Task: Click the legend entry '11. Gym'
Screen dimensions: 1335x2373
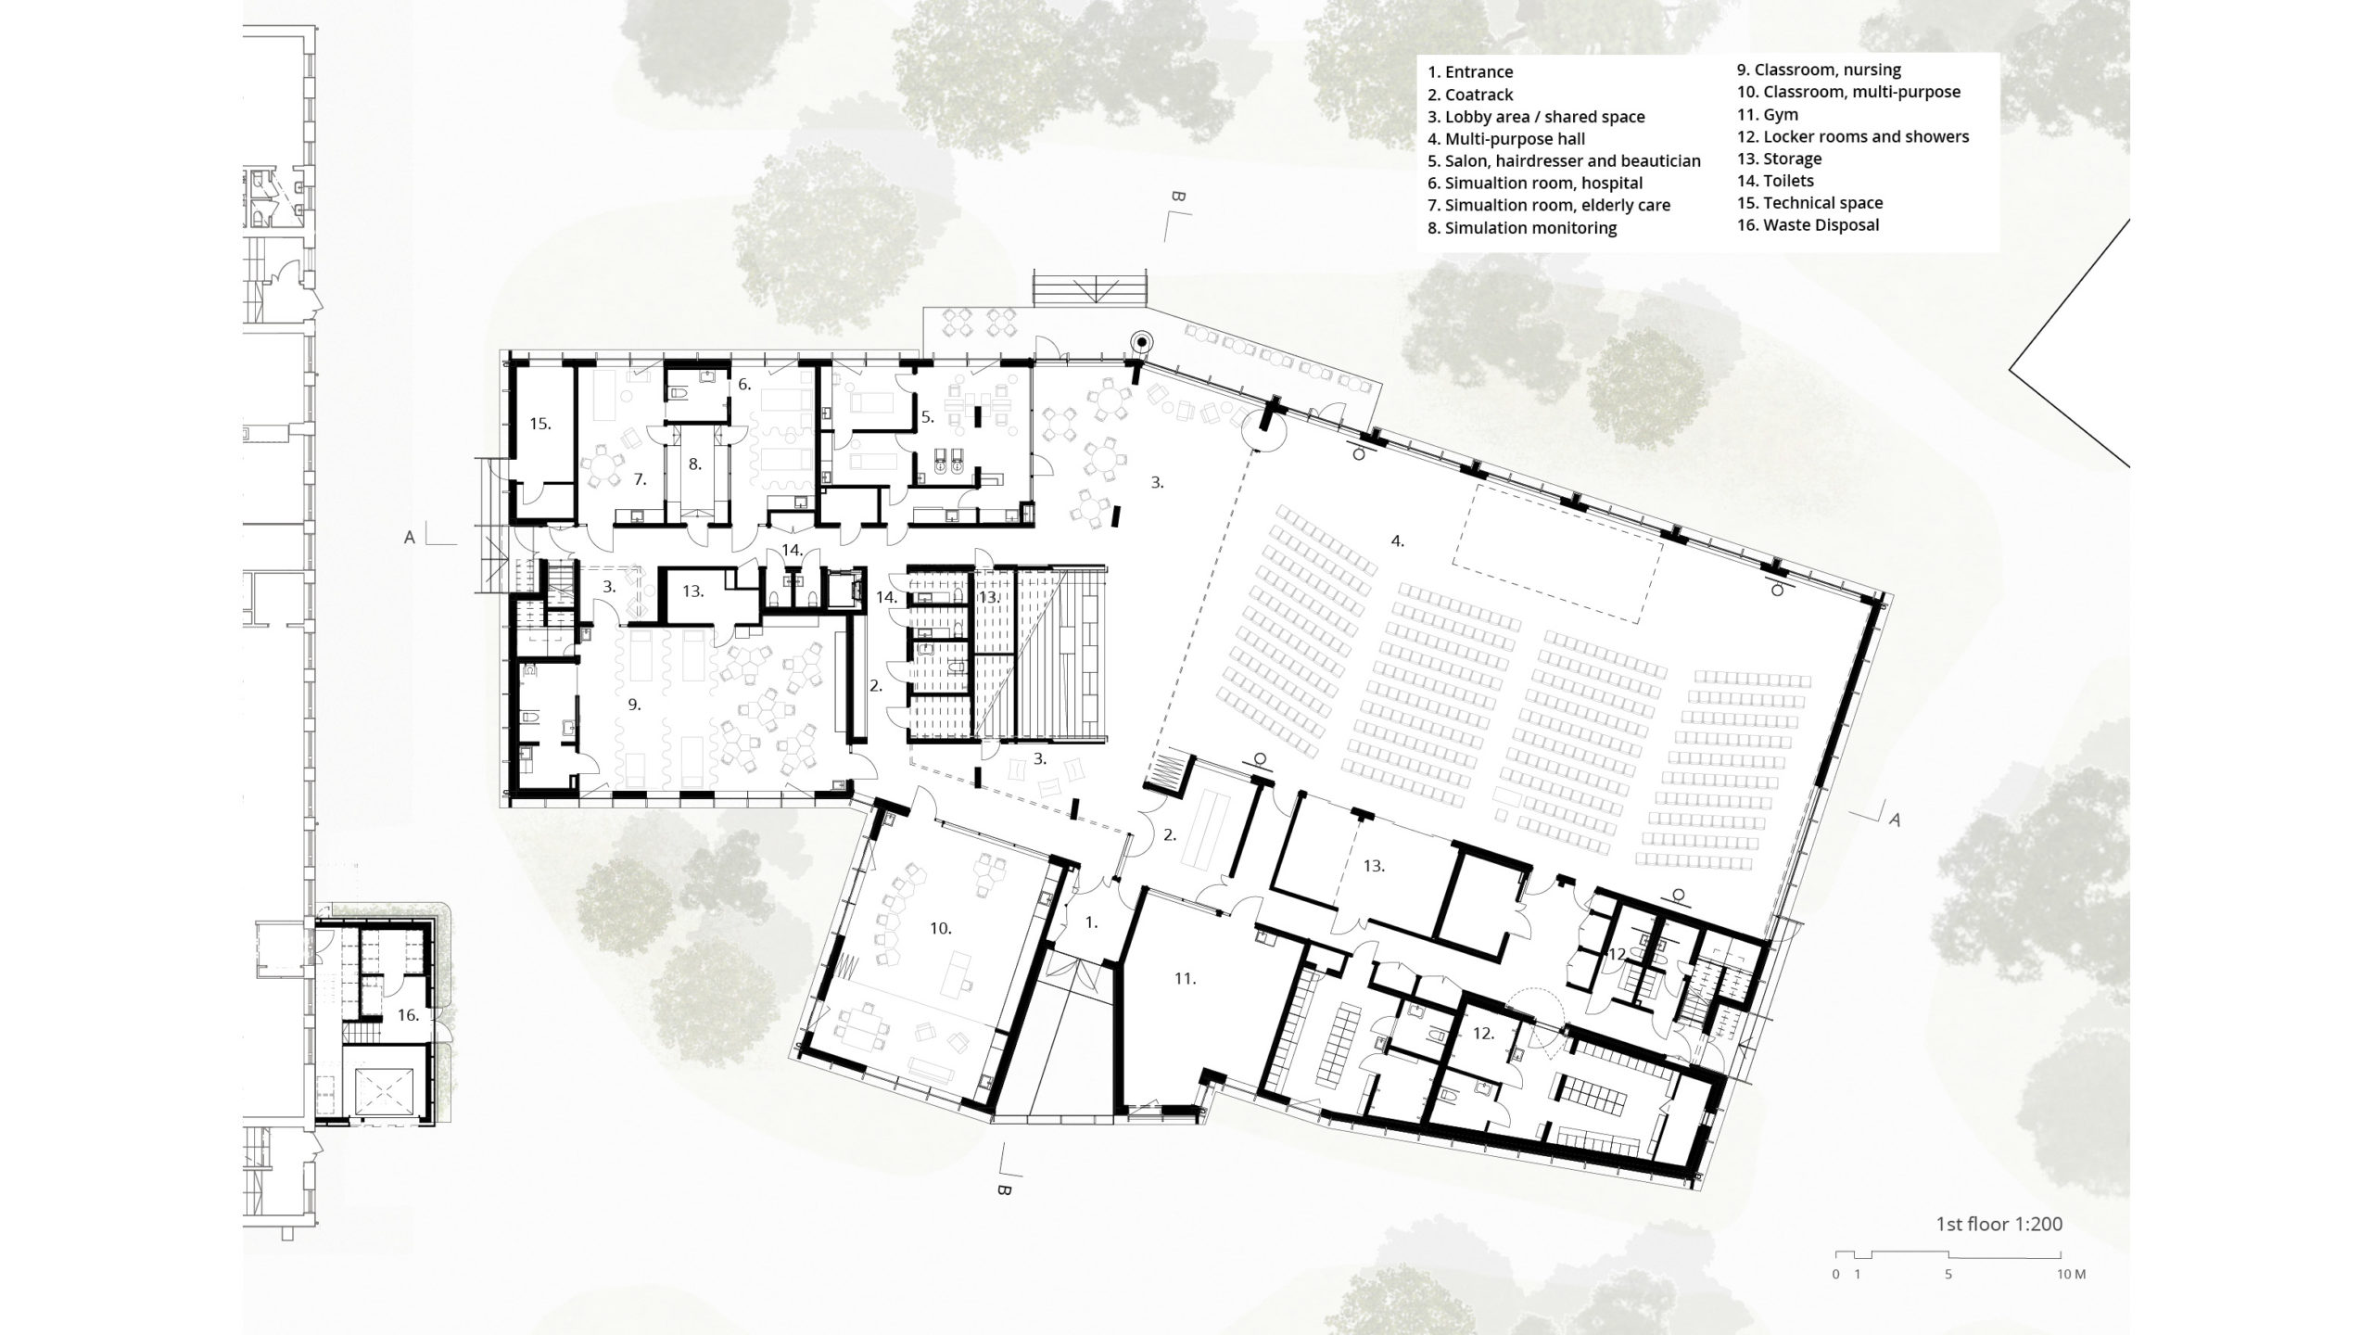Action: (1767, 114)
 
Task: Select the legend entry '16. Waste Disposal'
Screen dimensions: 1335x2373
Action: (1808, 225)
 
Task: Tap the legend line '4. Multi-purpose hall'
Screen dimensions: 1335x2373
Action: (1505, 139)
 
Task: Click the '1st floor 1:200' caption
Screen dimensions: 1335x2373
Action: (1998, 1225)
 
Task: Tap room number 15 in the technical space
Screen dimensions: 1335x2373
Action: (540, 424)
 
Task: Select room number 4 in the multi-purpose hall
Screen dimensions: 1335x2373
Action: (1397, 540)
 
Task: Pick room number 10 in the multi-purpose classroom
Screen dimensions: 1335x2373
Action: (941, 928)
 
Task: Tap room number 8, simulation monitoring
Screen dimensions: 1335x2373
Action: (695, 463)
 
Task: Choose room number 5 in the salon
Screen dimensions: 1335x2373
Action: (927, 418)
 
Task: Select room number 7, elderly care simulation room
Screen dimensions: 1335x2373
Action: (640, 479)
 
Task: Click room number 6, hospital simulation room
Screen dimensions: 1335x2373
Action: (743, 383)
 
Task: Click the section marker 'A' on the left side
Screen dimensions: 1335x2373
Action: (409, 537)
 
